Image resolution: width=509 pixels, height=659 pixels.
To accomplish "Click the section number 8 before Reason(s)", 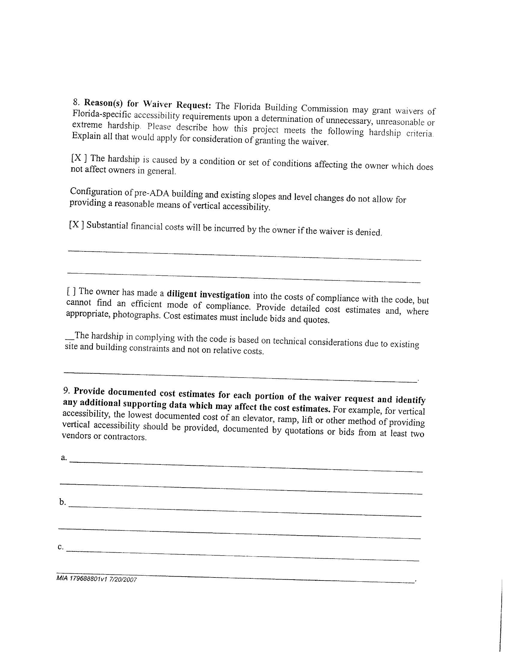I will click(75, 102).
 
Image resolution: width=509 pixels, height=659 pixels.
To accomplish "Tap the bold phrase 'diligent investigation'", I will click(208, 294).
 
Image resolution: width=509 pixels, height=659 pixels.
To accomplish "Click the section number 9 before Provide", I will click(67, 390).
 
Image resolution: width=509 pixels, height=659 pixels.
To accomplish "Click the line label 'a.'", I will click(63, 457).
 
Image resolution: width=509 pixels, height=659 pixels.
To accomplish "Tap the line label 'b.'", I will click(62, 502).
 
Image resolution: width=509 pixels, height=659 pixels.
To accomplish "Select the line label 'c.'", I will click(60, 546).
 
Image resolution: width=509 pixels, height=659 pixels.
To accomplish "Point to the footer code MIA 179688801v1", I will click(82, 578).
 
